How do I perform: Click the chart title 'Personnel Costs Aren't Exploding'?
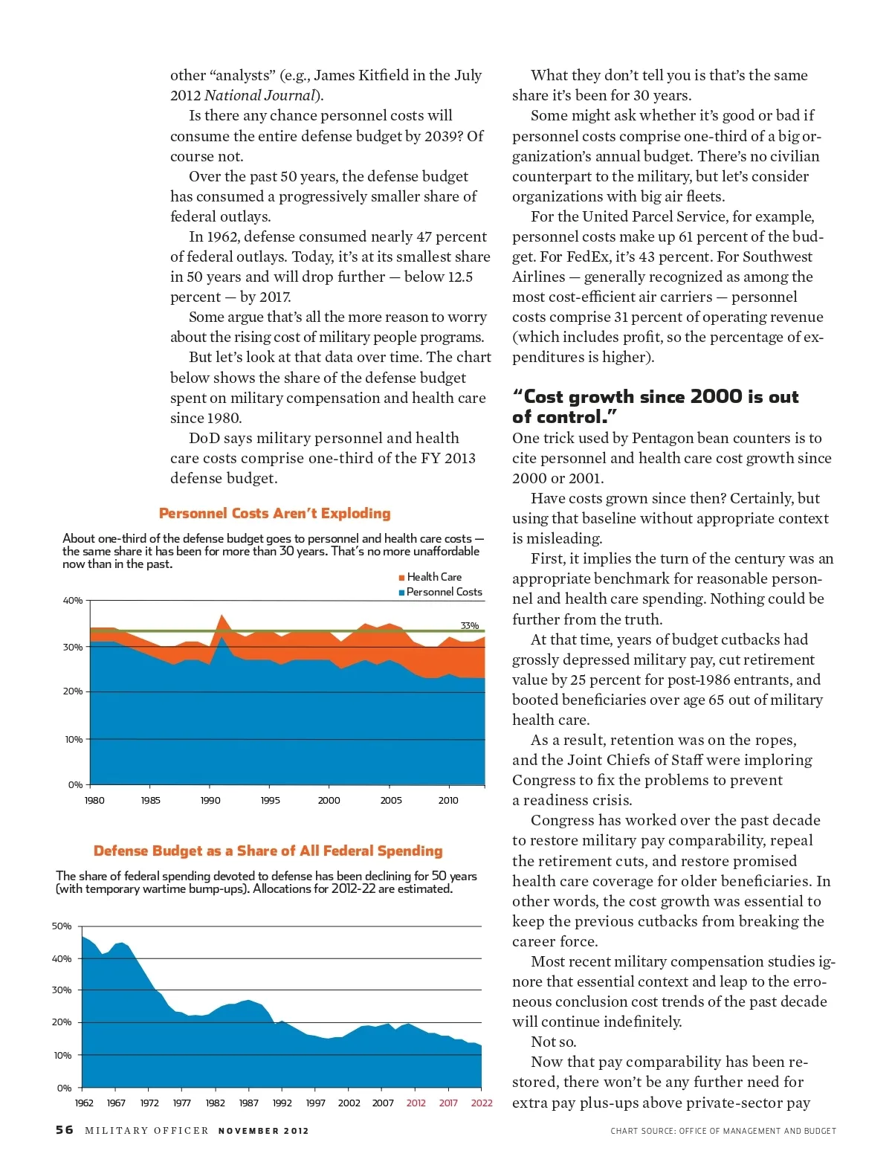(x=274, y=513)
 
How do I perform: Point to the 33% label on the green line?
(x=469, y=626)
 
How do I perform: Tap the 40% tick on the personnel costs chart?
(x=72, y=601)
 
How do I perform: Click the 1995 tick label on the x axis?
(x=270, y=801)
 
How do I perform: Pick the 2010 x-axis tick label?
(x=448, y=801)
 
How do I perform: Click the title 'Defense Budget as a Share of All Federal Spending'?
(x=268, y=851)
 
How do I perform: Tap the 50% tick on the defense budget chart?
(x=62, y=926)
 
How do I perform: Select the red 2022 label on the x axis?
(x=482, y=1103)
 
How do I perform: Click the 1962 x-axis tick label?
(x=84, y=1103)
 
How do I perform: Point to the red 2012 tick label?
(x=416, y=1103)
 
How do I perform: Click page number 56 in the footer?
(x=65, y=1130)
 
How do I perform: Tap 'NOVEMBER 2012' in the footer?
(x=263, y=1131)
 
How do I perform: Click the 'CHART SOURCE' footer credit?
(x=723, y=1131)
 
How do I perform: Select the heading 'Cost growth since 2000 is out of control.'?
(x=655, y=407)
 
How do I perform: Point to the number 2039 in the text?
(x=443, y=136)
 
